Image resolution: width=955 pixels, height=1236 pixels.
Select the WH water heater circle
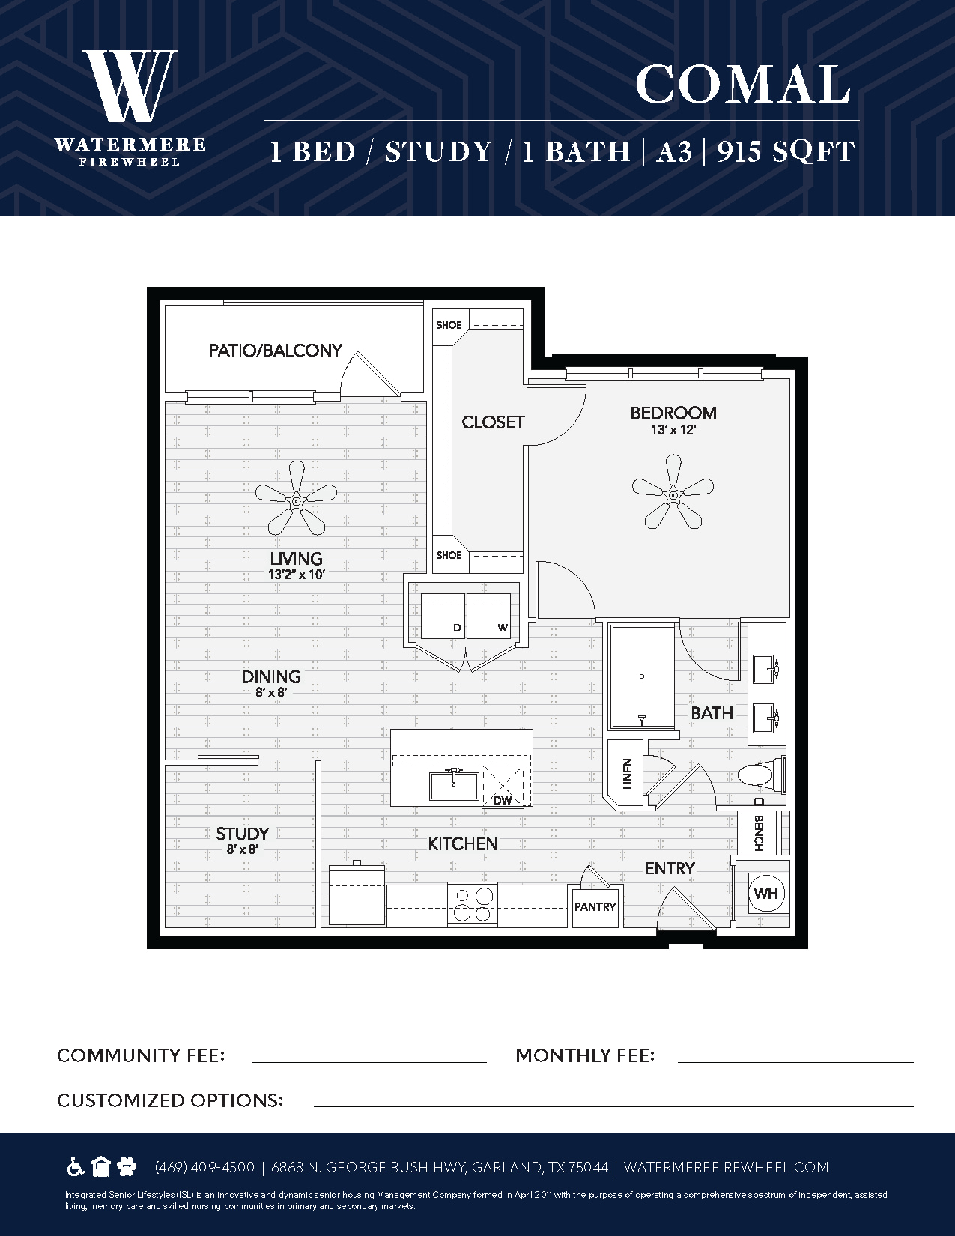765,893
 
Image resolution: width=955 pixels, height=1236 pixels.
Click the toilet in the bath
760,774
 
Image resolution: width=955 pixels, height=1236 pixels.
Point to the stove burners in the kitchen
473,905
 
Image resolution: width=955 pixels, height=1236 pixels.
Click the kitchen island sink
455,785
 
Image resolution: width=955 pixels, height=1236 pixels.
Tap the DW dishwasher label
503,801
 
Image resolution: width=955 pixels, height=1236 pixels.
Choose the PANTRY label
595,906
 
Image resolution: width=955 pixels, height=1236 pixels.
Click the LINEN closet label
628,774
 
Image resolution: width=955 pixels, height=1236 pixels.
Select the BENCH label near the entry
758,833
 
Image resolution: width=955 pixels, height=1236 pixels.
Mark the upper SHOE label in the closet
449,325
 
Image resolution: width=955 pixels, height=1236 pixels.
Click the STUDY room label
242,834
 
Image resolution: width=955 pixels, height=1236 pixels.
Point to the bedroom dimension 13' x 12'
673,430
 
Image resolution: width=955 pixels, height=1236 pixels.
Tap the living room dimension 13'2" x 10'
297,575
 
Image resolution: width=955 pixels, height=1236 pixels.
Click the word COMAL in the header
742,84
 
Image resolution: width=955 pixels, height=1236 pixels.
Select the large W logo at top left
130,85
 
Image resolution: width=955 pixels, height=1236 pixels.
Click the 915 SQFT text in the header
786,152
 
